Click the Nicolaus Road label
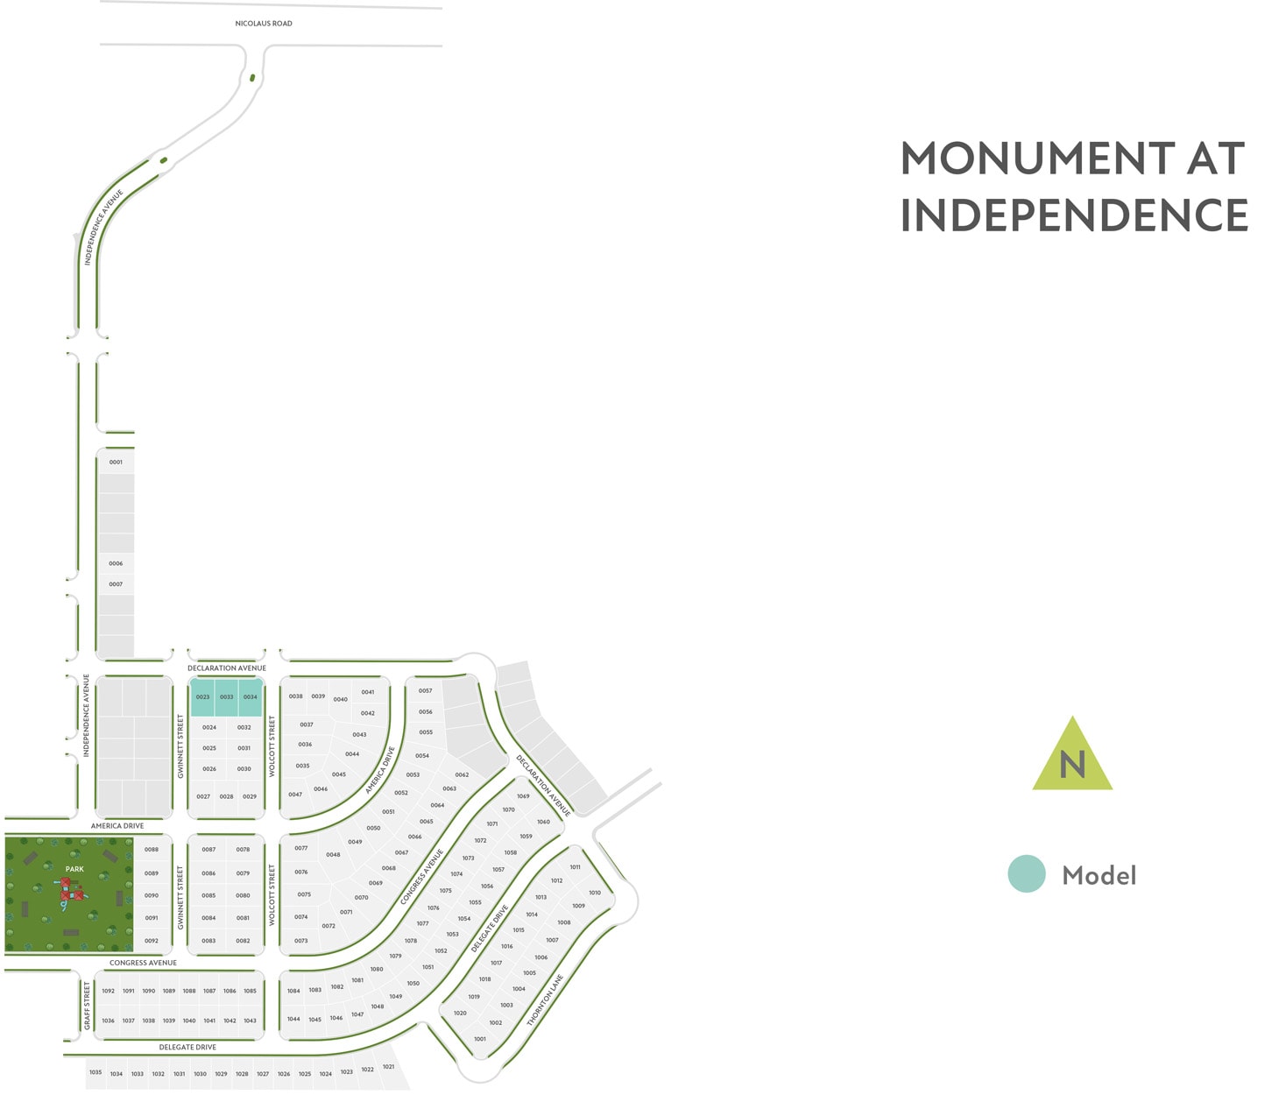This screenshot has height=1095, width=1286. coord(264,24)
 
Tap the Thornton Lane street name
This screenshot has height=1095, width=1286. coord(545,1000)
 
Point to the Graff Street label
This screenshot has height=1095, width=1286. coord(87,1006)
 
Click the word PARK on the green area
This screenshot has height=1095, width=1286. coord(74,869)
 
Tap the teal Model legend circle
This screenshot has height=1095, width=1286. coord(1027,874)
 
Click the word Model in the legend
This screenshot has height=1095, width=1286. coord(1099,875)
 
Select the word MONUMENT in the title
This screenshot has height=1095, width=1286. coord(1037,159)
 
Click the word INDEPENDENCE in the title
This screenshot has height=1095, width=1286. coord(1074,215)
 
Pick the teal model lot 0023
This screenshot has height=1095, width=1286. coord(202,697)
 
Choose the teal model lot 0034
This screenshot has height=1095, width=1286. coord(251,697)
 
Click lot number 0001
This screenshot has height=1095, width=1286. coord(116,462)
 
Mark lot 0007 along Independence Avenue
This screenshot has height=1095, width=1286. coord(116,584)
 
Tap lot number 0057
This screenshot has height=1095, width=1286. coord(425,690)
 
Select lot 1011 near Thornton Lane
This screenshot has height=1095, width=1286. coord(575,867)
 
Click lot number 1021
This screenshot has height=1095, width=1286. coord(388,1066)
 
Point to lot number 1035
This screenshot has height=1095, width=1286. coord(95,1072)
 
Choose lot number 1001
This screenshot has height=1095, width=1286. coord(479,1039)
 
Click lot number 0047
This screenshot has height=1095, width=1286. coord(295,795)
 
